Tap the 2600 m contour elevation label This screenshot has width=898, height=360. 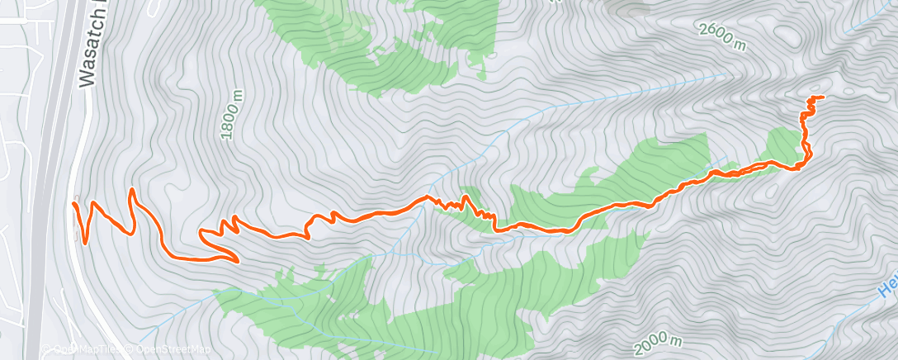point(722,37)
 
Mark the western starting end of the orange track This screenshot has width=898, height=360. point(74,202)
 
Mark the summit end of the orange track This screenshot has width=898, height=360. point(822,97)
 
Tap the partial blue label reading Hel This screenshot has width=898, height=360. point(886,288)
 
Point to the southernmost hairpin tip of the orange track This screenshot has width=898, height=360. point(237,262)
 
